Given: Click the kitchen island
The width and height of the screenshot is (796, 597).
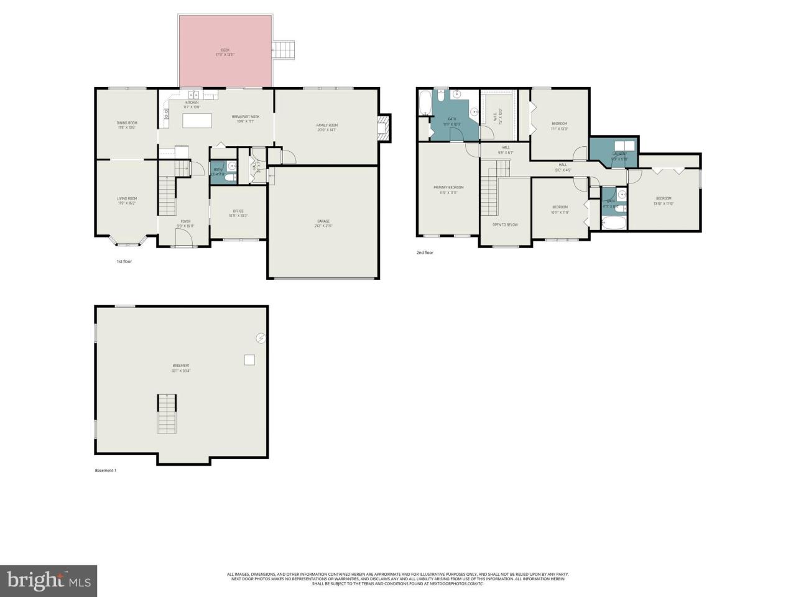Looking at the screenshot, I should (197, 120).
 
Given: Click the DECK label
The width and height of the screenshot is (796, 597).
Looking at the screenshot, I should (225, 50).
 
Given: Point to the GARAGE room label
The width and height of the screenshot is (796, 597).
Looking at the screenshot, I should (323, 221).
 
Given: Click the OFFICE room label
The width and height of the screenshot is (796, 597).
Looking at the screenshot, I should (238, 211).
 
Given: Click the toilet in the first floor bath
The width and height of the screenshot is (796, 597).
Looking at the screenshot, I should (229, 178).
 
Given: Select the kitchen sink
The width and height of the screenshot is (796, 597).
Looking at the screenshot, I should (193, 95).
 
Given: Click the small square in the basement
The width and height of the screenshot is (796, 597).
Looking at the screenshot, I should (249, 359).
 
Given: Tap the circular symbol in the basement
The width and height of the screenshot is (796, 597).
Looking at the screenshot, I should (261, 338).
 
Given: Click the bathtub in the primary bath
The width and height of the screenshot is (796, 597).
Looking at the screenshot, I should (425, 103).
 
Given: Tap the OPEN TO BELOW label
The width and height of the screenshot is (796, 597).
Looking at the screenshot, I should (505, 224).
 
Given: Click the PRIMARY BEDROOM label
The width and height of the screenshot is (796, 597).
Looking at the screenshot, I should (448, 187).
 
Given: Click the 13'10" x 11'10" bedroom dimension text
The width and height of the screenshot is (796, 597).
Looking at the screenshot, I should (664, 203).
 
